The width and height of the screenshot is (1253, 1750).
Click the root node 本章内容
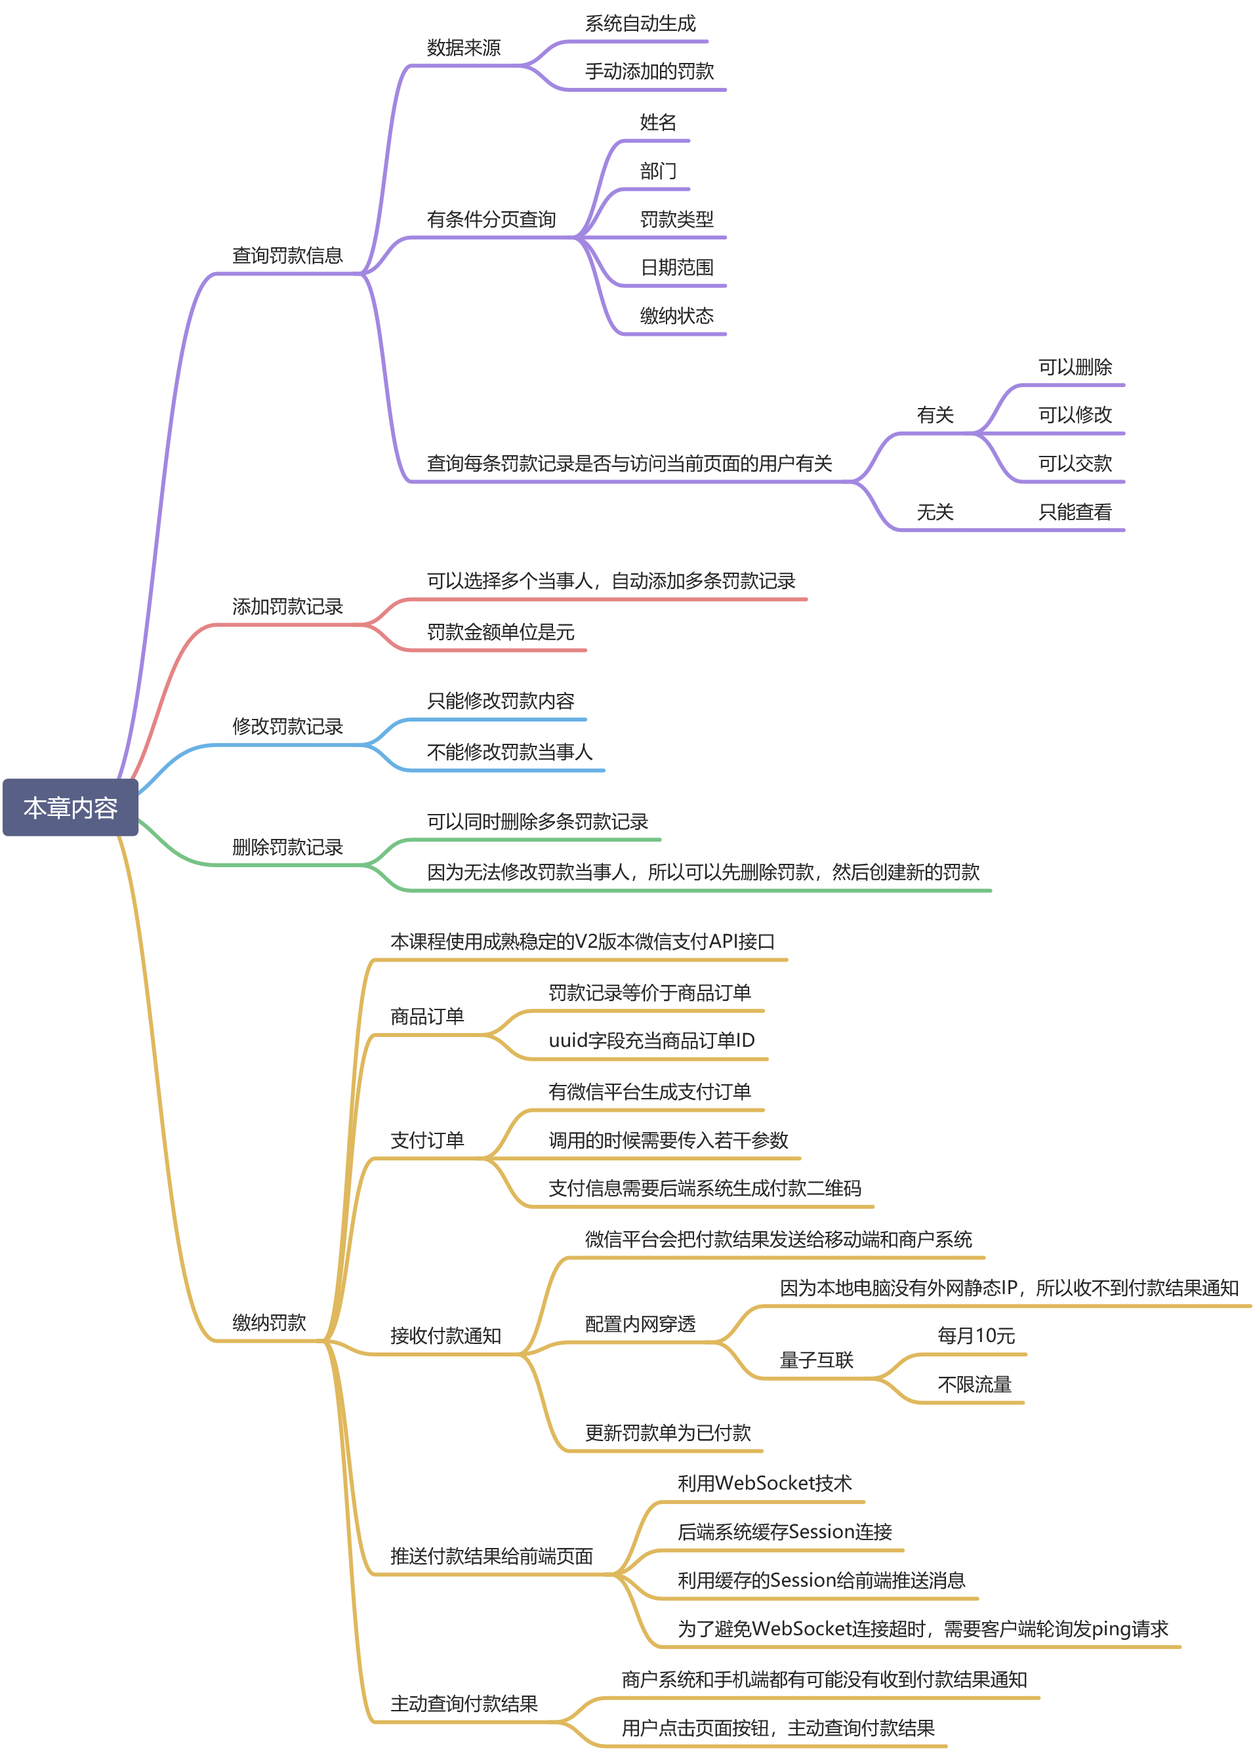pyautogui.click(x=70, y=807)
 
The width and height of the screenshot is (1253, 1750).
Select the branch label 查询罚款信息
pyautogui.click(x=287, y=255)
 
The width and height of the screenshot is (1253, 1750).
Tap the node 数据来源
pyautogui.click(x=463, y=48)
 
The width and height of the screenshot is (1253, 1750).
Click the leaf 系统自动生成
pyautogui.click(x=640, y=23)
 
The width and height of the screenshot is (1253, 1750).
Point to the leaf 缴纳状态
pyautogui.click(x=676, y=315)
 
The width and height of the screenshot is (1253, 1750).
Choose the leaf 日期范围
pyautogui.click(x=676, y=268)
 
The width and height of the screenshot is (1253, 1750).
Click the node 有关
pyautogui.click(x=934, y=415)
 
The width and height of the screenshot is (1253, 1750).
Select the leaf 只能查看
pyautogui.click(x=1074, y=512)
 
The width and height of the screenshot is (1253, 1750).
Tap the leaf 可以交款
pyautogui.click(x=1074, y=464)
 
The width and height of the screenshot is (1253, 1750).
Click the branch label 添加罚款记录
pyautogui.click(x=287, y=606)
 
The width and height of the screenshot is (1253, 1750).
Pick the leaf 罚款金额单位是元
pyautogui.click(x=500, y=632)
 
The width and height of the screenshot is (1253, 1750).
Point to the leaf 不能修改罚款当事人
pyautogui.click(x=509, y=752)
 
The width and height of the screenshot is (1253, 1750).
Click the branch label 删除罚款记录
pyautogui.click(x=287, y=847)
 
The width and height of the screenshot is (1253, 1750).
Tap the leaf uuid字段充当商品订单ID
pyautogui.click(x=651, y=1040)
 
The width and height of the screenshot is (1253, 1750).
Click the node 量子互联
pyautogui.click(x=815, y=1360)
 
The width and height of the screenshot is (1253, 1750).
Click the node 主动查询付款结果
pyautogui.click(x=463, y=1703)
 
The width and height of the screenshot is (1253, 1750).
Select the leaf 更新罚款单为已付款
pyautogui.click(x=667, y=1433)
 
